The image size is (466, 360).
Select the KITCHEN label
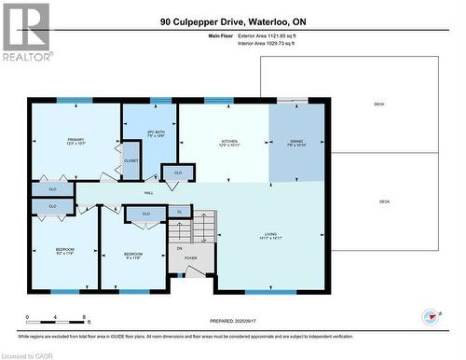click(216, 142)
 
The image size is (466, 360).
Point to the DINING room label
click(297, 142)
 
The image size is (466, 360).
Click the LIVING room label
click(272, 236)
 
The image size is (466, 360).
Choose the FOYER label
click(190, 257)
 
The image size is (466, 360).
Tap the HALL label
click(148, 193)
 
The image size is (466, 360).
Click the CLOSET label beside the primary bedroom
click(130, 161)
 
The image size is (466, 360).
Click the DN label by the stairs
click(180, 249)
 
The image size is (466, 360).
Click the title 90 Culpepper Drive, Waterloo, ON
click(232, 21)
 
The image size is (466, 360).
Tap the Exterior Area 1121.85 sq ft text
click(272, 35)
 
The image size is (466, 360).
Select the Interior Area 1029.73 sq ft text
click(272, 44)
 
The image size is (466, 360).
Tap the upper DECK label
click(378, 104)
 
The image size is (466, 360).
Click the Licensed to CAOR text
click(27, 354)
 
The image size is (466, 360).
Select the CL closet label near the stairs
click(179, 213)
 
